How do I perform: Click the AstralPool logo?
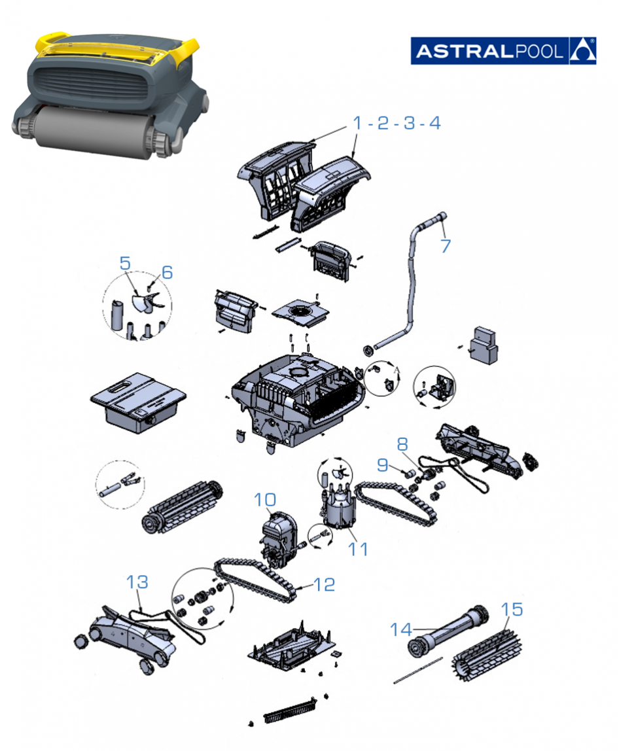(503, 51)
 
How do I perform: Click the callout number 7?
(446, 246)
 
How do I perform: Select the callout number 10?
(265, 500)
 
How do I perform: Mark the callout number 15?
(512, 610)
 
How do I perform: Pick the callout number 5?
(125, 263)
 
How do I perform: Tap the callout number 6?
(167, 271)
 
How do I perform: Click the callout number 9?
(382, 465)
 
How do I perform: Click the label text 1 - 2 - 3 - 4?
(397, 122)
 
